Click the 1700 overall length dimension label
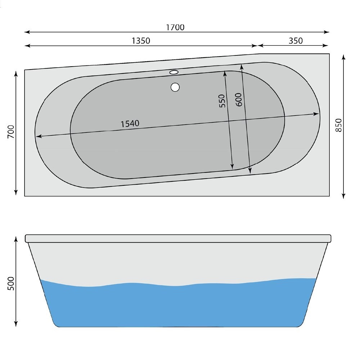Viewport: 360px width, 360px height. tap(175, 27)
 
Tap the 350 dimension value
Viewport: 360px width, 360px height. tap(296, 41)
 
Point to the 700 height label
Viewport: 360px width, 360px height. tap(11, 132)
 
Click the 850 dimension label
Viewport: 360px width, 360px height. tap(338, 125)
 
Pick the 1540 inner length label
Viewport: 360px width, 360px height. tap(130, 123)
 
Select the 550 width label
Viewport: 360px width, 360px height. tap(222, 101)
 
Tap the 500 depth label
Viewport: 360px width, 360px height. tap(11, 284)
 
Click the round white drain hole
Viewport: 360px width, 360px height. tap(175, 87)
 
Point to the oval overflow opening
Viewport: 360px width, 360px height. tap(174, 72)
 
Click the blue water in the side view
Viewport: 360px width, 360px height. tap(176, 306)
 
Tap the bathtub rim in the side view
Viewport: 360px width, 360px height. tap(178, 238)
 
